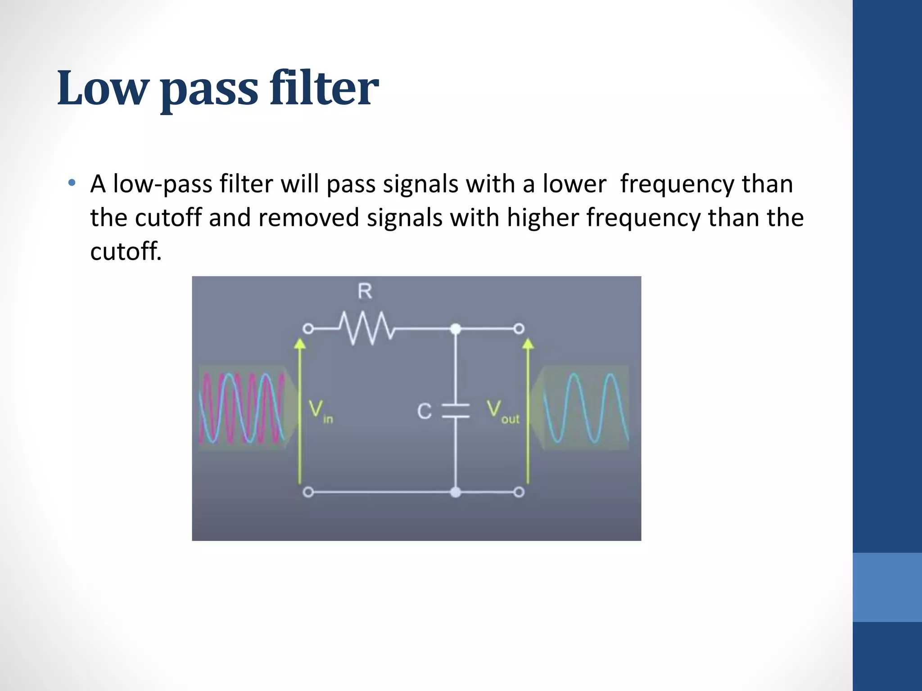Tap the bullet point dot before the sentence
[72, 183]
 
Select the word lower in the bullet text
[574, 184]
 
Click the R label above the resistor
[365, 292]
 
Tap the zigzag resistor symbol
[366, 328]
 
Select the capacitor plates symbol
[456, 411]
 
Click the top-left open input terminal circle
[308, 329]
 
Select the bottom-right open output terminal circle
[519, 492]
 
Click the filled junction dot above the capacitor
[456, 329]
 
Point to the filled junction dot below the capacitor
[456, 492]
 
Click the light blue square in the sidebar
[887, 587]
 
